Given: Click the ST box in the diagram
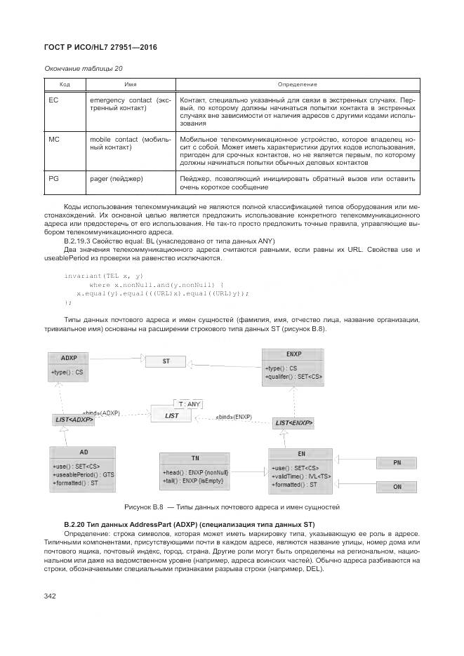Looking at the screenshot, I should tap(166, 361).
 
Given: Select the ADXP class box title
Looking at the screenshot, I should tap(68, 358).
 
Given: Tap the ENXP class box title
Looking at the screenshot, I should tap(293, 354).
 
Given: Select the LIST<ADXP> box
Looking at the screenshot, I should tap(74, 420).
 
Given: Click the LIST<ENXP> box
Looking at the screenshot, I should tap(293, 423).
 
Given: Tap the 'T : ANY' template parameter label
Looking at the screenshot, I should tap(190, 403).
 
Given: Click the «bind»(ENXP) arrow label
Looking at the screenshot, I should tap(234, 416).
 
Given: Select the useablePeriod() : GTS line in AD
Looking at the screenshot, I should tap(83, 476).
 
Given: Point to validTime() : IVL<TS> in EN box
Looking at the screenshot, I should tap(300, 476).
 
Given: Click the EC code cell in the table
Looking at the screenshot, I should tap(53, 100).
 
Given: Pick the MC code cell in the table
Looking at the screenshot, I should tap(54, 139).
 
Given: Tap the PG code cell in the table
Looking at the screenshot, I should tap(53, 178).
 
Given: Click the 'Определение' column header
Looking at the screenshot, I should tap(298, 84).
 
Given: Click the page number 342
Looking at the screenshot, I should tap(51, 596).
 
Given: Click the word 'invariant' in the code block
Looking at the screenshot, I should tap(81, 276).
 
